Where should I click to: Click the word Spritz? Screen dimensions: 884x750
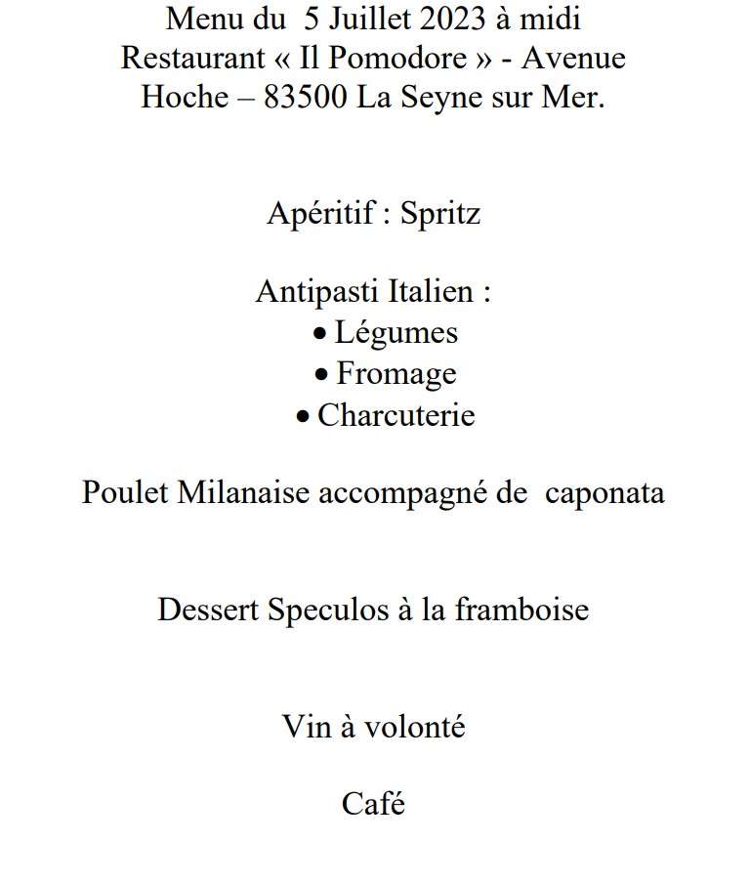click(440, 214)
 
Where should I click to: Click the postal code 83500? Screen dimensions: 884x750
click(305, 98)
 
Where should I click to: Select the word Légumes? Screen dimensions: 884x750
click(396, 333)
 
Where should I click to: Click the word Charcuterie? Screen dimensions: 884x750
click(396, 415)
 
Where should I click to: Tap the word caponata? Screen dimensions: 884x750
click(604, 492)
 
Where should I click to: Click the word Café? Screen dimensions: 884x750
click(373, 804)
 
